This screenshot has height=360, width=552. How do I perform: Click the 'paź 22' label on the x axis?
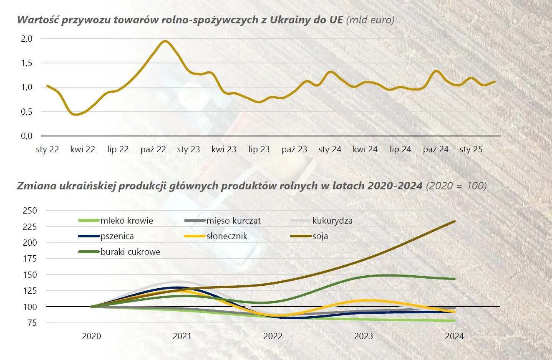pyautogui.click(x=154, y=149)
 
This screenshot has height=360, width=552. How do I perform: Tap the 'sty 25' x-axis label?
pyautogui.click(x=471, y=149)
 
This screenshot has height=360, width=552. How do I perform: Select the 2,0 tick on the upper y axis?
pyautogui.click(x=26, y=39)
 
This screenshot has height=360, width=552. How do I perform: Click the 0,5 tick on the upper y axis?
pyautogui.click(x=26, y=112)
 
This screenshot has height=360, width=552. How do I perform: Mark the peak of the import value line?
pyautogui.click(x=165, y=41)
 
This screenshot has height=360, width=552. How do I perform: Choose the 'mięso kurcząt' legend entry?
pyautogui.click(x=233, y=221)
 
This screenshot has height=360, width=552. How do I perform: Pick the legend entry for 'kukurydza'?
pyautogui.click(x=332, y=221)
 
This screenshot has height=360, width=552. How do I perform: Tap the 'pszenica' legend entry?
pyautogui.click(x=117, y=236)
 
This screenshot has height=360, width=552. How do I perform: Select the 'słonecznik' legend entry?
pyautogui.click(x=227, y=236)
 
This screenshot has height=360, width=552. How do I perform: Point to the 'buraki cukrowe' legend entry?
pyautogui.click(x=130, y=252)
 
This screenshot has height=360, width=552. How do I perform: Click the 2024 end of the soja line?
pyautogui.click(x=454, y=222)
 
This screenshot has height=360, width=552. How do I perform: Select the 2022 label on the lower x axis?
pyautogui.click(x=273, y=336)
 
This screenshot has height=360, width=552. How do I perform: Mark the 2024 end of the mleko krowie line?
pyautogui.click(x=454, y=320)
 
